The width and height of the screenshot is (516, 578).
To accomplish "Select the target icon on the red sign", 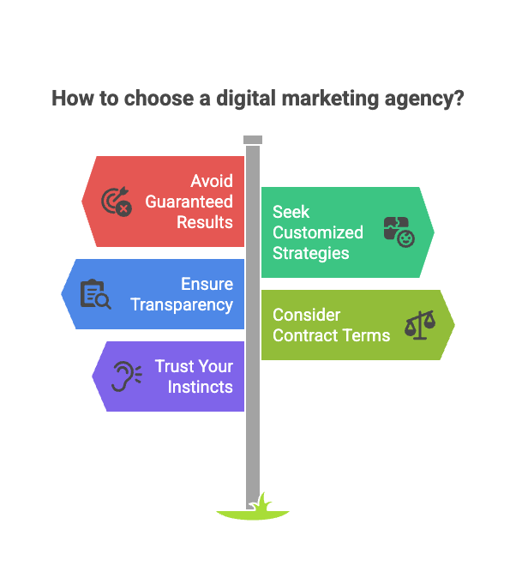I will pos(116,202).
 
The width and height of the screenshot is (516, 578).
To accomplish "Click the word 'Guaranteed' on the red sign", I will pos(189,202).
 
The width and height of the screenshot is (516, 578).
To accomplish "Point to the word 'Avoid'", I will pos(212,181).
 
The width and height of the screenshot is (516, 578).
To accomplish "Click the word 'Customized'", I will pos(317,232).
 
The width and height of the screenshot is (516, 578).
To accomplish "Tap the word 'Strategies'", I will pos(310,253).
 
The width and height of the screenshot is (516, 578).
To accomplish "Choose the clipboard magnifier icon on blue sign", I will pos(94,294).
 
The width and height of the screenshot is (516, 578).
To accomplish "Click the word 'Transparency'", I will pos(181,304).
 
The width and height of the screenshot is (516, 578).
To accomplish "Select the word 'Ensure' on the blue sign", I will pos(207,284).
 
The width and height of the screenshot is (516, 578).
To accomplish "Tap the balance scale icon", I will pos(419,325).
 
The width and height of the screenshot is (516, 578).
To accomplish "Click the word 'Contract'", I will pos(300,335).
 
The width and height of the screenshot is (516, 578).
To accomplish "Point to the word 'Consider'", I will pos(306,315).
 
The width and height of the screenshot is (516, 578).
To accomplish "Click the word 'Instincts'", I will pos(200,387).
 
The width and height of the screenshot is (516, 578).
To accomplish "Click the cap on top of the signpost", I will pos(252,140).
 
